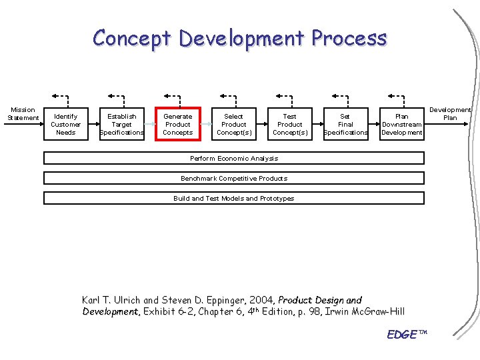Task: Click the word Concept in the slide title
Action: point(133,38)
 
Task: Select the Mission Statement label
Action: point(23,114)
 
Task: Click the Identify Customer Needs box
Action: point(66,124)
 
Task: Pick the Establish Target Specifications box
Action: point(122,124)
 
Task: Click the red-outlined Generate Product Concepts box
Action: point(178,124)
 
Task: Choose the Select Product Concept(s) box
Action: point(234,124)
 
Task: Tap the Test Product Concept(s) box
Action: point(290,124)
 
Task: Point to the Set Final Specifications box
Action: point(345,124)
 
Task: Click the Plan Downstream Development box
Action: point(402,124)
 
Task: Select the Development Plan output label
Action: point(451,113)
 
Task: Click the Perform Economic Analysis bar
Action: point(234,158)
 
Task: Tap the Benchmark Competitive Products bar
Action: point(234,178)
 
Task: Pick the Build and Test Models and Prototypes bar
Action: point(234,198)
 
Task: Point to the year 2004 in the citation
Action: point(259,300)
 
